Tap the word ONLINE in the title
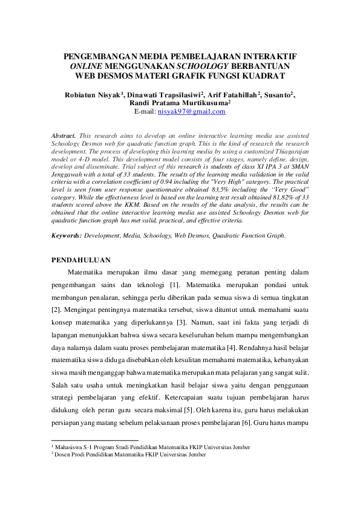tap(87, 65)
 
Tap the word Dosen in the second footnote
tap(64, 455)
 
